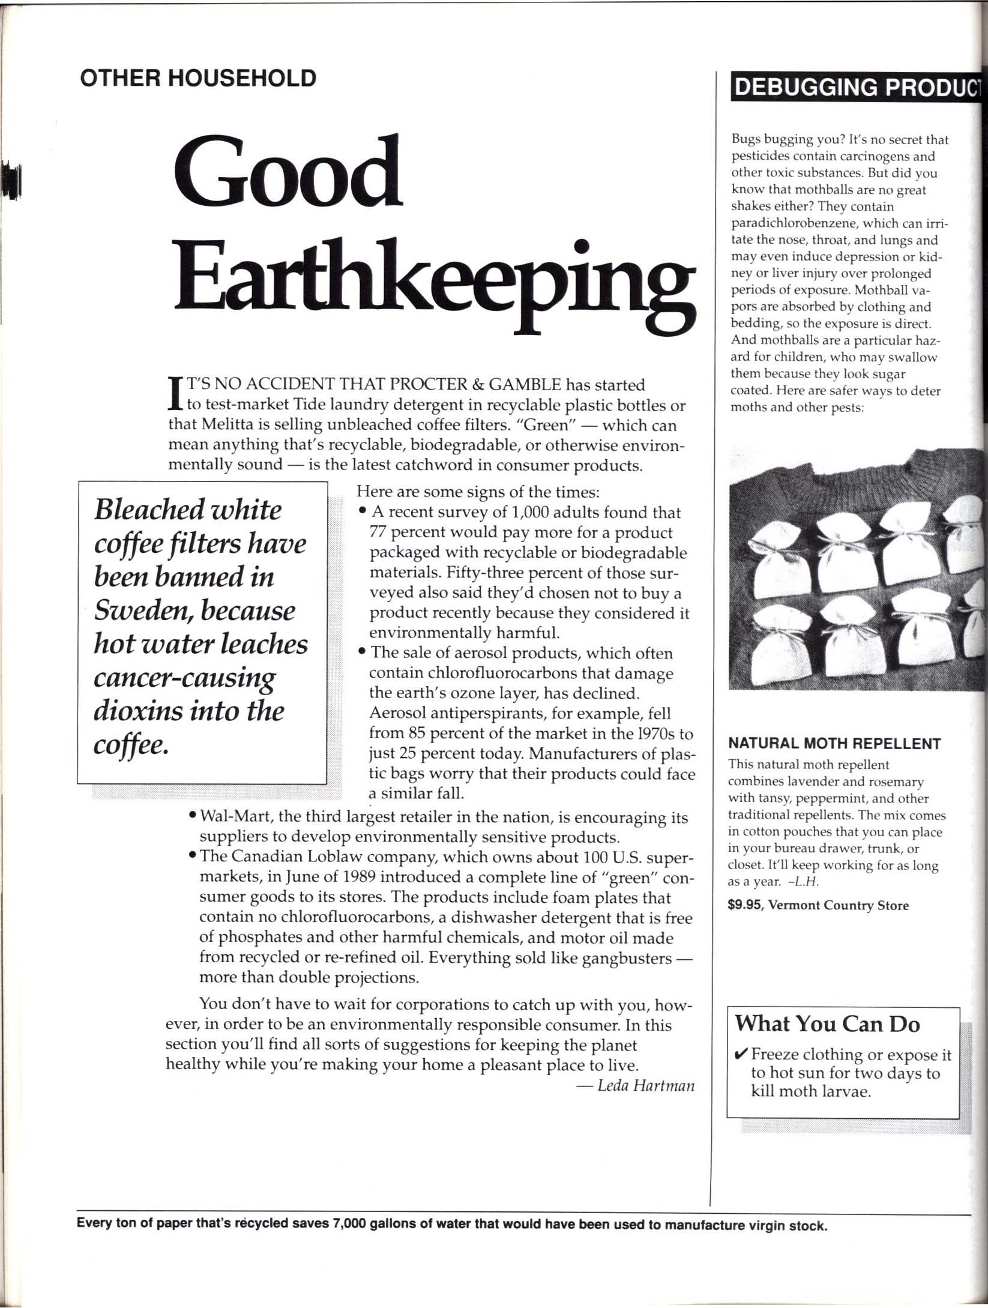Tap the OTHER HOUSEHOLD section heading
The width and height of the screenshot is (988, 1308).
pyautogui.click(x=198, y=78)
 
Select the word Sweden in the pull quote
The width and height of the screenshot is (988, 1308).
pyautogui.click(x=143, y=611)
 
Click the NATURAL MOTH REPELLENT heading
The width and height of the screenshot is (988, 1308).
pyautogui.click(x=834, y=744)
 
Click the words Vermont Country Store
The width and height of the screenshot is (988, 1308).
pyautogui.click(x=839, y=905)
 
